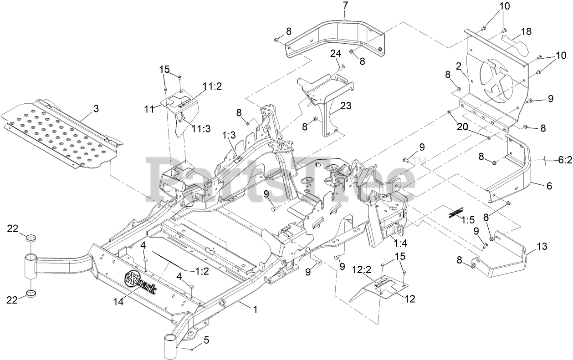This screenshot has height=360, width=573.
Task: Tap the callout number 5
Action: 206,340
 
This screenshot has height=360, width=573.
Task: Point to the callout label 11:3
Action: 200,129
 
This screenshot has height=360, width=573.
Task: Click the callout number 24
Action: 335,54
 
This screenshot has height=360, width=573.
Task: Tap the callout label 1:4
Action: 401,243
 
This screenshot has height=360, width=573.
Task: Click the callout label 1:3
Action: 229,135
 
